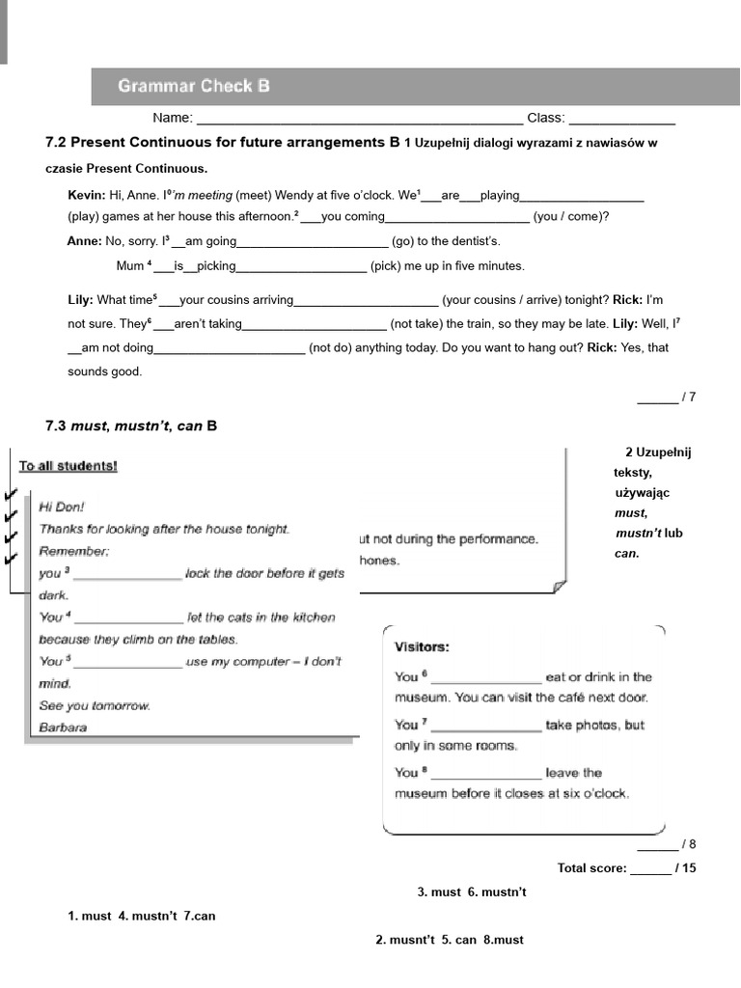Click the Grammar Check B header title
pyautogui.click(x=194, y=87)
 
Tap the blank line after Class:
pyautogui.click(x=621, y=119)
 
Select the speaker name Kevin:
pyautogui.click(x=87, y=195)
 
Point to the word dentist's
pyautogui.click(x=468, y=241)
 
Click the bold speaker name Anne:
pyautogui.click(x=84, y=241)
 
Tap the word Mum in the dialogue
pyautogui.click(x=129, y=265)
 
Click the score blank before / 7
pyautogui.click(x=657, y=397)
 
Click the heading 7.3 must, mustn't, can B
pyautogui.click(x=131, y=425)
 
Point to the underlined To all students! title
pyautogui.click(x=69, y=467)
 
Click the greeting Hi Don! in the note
pyautogui.click(x=62, y=507)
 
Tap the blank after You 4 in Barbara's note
pyautogui.click(x=128, y=618)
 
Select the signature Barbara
pyautogui.click(x=63, y=727)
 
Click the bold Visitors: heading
pyautogui.click(x=422, y=646)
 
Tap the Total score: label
pyautogui.click(x=591, y=868)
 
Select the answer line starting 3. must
pyautogui.click(x=472, y=892)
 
